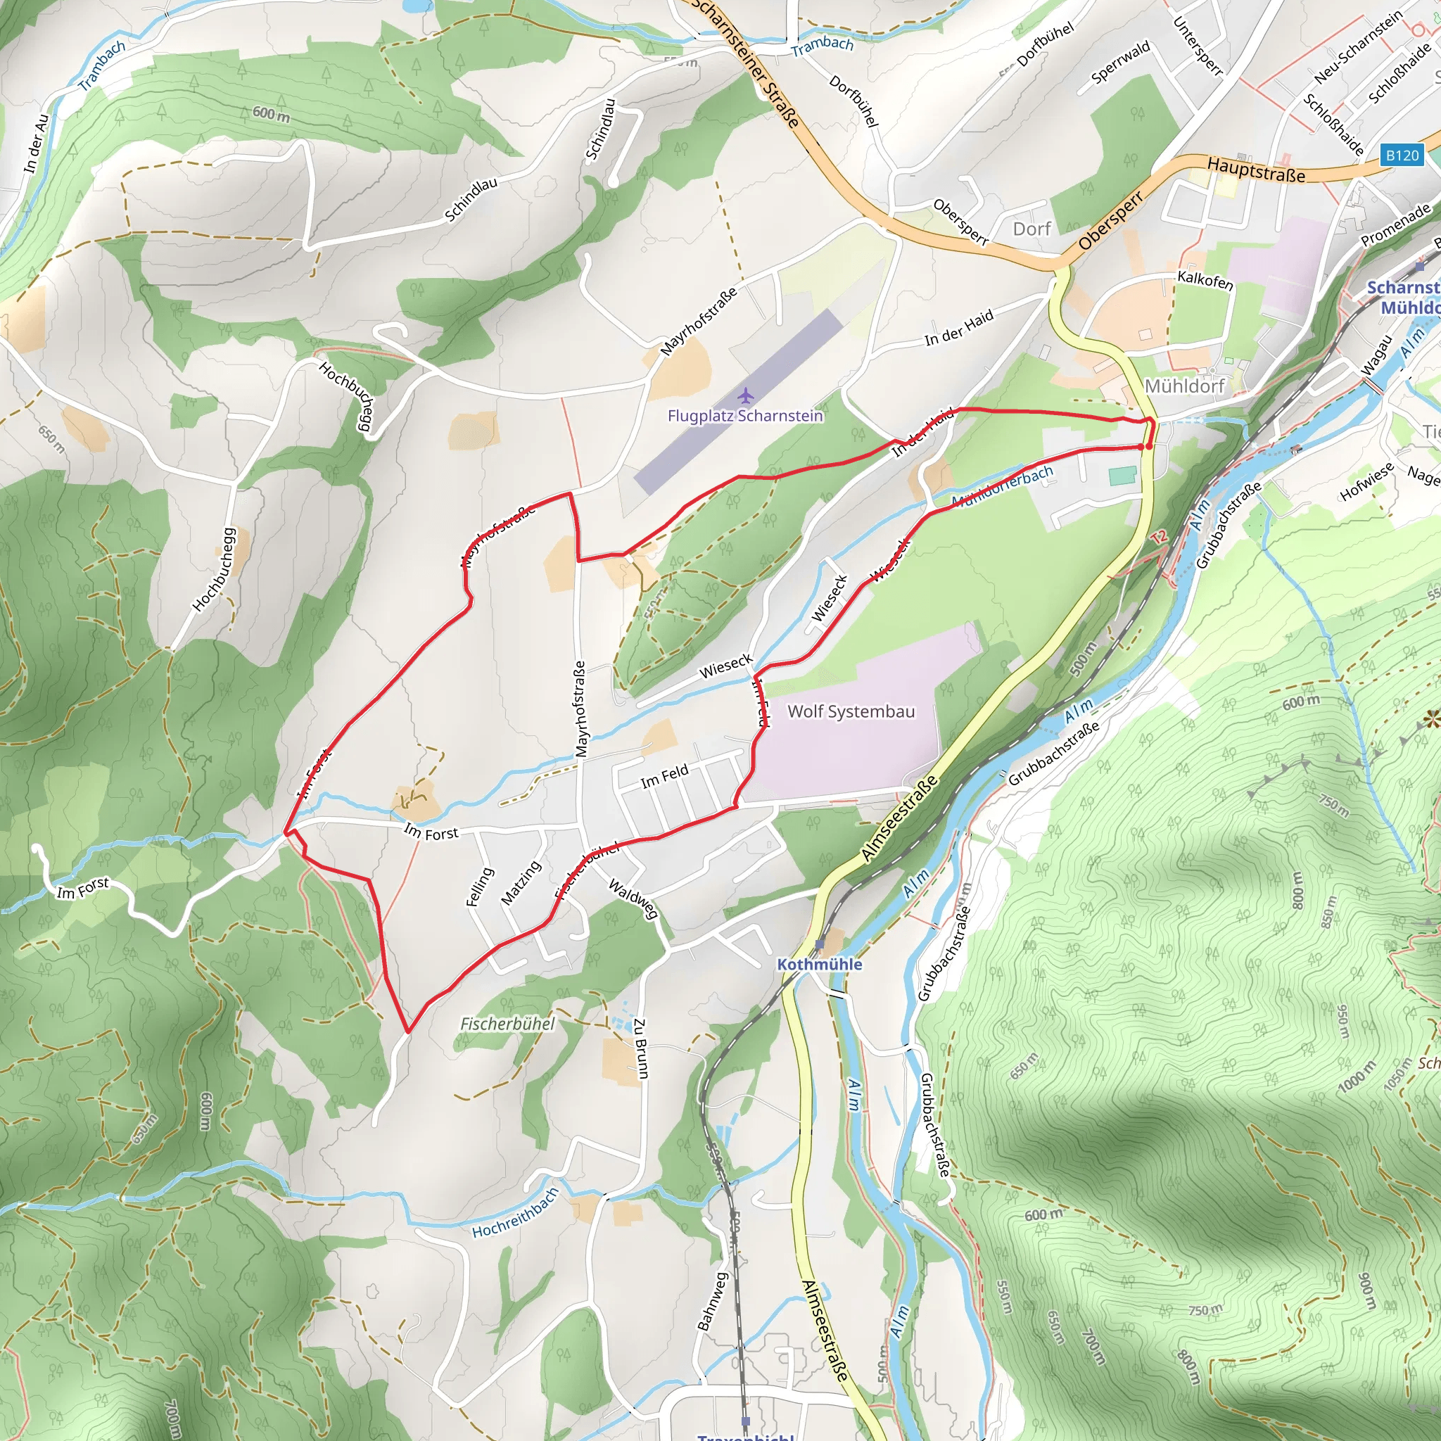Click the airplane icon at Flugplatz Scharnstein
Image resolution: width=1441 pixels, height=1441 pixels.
point(744,395)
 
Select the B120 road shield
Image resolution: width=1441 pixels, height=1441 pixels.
point(1402,155)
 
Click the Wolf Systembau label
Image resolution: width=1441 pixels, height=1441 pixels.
point(851,711)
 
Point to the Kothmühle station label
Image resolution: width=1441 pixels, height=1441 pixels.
point(819,964)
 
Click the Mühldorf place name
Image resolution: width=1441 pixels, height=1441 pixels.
point(1184,386)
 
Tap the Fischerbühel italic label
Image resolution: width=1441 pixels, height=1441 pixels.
point(507,1023)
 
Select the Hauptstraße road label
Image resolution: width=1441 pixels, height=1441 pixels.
point(1256,170)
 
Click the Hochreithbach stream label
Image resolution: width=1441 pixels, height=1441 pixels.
point(514,1214)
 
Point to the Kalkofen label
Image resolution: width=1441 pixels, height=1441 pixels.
point(1205,281)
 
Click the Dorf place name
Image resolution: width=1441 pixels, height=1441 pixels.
point(1031,229)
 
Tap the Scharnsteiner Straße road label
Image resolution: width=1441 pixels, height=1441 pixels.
point(746,63)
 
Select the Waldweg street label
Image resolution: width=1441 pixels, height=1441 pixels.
point(633,898)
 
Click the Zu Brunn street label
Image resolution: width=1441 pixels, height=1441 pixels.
point(641,1047)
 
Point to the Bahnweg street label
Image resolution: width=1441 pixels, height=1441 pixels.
point(711,1301)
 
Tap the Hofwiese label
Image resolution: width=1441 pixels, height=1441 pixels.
point(1366,482)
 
